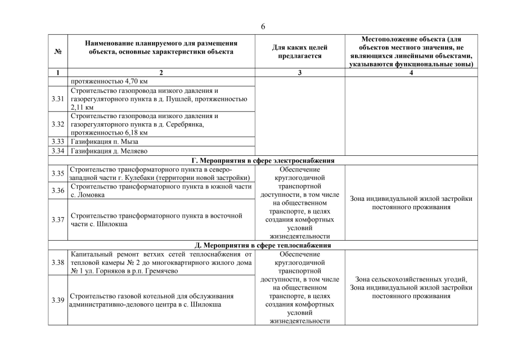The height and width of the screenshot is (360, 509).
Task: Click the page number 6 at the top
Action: coord(263,26)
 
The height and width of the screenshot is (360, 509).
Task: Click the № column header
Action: coord(57,52)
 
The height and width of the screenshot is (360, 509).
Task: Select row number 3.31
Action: coord(57,99)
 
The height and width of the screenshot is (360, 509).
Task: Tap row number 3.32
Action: coord(57,124)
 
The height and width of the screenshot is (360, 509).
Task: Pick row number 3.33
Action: coord(57,142)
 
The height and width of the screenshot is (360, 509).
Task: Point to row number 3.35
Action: coord(57,174)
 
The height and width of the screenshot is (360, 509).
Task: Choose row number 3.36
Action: coord(57,191)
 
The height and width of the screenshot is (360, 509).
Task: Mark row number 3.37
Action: coord(57,220)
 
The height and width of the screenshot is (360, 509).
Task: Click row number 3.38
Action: coord(57,263)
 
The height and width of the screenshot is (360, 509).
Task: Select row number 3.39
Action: coord(57,300)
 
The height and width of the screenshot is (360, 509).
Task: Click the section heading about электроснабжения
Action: coord(263,160)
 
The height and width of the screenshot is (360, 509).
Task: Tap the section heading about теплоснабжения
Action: coord(263,245)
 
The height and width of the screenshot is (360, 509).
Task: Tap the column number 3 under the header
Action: coord(299,73)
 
